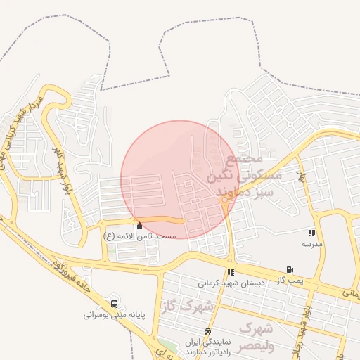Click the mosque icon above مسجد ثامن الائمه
point(139,226)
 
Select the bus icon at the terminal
point(114,304)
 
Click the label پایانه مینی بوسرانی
point(114,316)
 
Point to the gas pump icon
point(290,270)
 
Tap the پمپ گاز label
point(290,280)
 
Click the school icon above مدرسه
point(311,233)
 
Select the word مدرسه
point(311,243)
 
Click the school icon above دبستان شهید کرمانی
point(230,272)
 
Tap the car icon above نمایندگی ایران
point(207,331)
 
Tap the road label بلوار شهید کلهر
point(61,163)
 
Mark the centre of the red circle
point(179,179)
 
